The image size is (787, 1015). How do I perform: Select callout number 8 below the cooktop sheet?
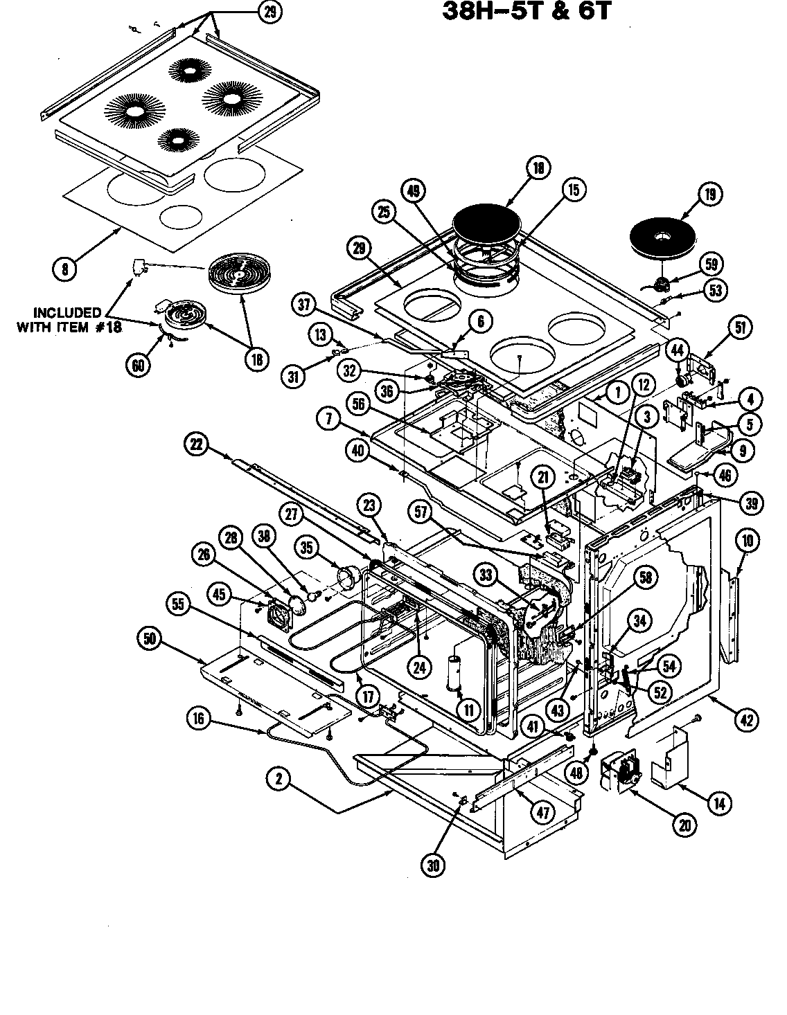click(x=64, y=269)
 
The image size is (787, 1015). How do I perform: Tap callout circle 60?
click(x=139, y=365)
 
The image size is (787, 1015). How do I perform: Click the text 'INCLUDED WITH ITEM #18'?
click(x=68, y=320)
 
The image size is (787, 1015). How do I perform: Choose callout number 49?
click(x=414, y=193)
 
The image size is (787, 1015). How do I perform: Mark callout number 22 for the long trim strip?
click(x=198, y=445)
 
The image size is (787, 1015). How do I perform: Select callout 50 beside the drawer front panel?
click(x=150, y=640)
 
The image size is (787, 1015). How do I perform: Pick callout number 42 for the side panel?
click(x=745, y=720)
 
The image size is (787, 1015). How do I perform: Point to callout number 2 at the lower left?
click(x=278, y=779)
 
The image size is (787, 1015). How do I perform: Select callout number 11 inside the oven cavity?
click(x=468, y=710)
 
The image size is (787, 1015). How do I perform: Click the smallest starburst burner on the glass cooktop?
click(x=174, y=138)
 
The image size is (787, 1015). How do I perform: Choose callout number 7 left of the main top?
click(x=326, y=417)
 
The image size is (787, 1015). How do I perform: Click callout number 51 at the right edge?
click(x=741, y=328)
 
